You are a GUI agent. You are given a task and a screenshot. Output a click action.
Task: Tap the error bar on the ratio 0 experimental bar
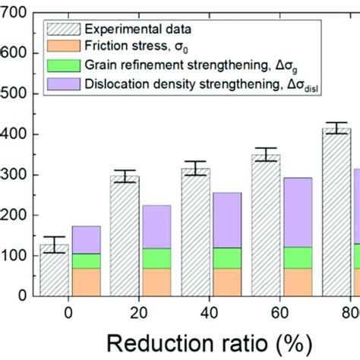click(55, 245)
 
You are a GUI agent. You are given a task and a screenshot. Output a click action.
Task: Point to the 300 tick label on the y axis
click(15, 175)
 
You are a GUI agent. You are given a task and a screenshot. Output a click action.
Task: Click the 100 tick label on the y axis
click(15, 256)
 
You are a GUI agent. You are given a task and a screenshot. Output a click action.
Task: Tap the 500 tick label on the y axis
click(15, 93)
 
